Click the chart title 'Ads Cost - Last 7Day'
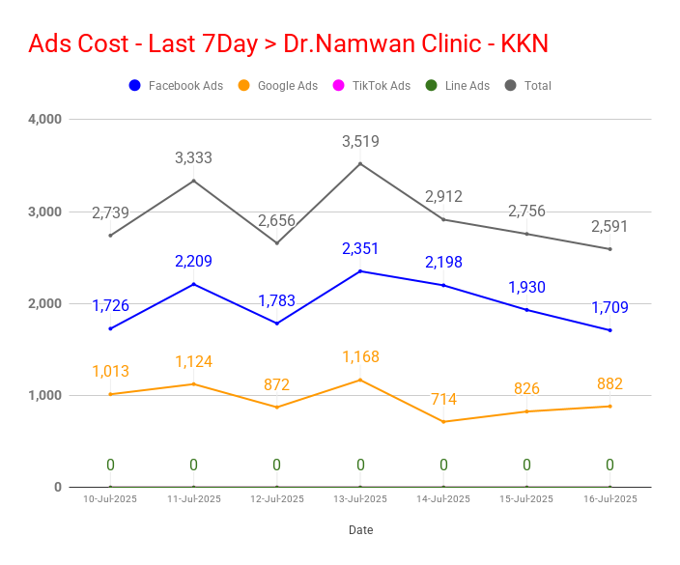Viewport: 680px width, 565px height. click(x=144, y=43)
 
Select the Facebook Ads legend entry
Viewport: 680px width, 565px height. click(x=176, y=85)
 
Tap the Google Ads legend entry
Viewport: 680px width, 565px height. click(x=278, y=85)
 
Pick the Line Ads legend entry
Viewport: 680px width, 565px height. click(x=458, y=85)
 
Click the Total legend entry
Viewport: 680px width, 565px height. click(x=528, y=85)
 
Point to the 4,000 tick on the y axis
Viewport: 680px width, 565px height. click(x=45, y=119)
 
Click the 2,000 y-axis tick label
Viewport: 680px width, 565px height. click(x=45, y=303)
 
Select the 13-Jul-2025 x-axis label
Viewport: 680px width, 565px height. click(x=360, y=499)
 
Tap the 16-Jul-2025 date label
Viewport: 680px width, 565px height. click(x=610, y=499)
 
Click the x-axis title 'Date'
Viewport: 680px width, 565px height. click(x=361, y=530)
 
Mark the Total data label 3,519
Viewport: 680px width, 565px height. click(x=360, y=141)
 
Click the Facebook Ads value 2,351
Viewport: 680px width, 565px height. click(x=360, y=249)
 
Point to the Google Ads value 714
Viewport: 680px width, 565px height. click(x=443, y=399)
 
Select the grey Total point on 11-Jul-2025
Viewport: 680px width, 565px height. click(x=193, y=181)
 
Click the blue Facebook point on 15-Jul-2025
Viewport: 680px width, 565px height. click(x=527, y=310)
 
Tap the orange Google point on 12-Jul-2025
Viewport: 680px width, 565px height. click(x=277, y=408)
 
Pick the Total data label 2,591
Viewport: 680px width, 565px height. click(x=609, y=227)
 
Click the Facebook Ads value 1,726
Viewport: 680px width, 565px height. click(x=110, y=306)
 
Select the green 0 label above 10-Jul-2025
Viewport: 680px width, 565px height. click(x=110, y=465)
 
